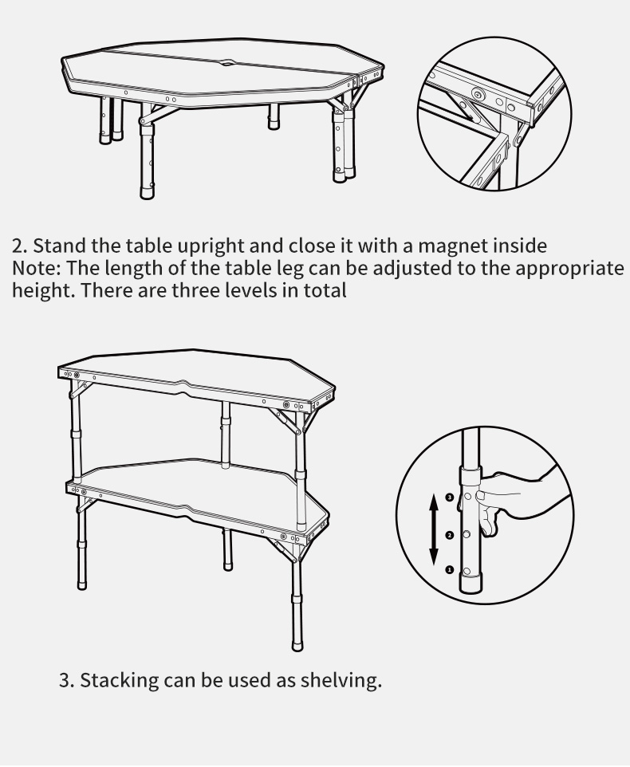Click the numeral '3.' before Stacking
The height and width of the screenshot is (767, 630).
pyautogui.click(x=66, y=680)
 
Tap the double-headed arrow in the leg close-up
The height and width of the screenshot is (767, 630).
pyautogui.click(x=434, y=529)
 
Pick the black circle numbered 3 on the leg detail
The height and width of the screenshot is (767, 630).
pyautogui.click(x=450, y=498)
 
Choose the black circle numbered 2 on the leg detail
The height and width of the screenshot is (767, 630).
pyautogui.click(x=450, y=536)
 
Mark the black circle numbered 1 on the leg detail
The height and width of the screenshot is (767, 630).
pyautogui.click(x=450, y=570)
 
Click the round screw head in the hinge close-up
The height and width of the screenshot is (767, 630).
pyautogui.click(x=478, y=94)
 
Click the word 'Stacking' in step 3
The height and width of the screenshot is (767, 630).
pyautogui.click(x=119, y=680)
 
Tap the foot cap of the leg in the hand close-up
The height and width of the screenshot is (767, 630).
pyautogui.click(x=471, y=584)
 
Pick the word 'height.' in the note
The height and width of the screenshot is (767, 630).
pyautogui.click(x=43, y=290)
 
